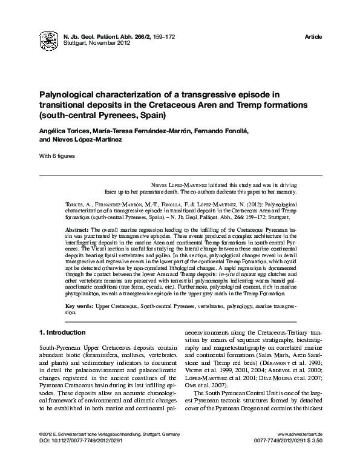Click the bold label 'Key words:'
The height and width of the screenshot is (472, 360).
coord(79,308)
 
